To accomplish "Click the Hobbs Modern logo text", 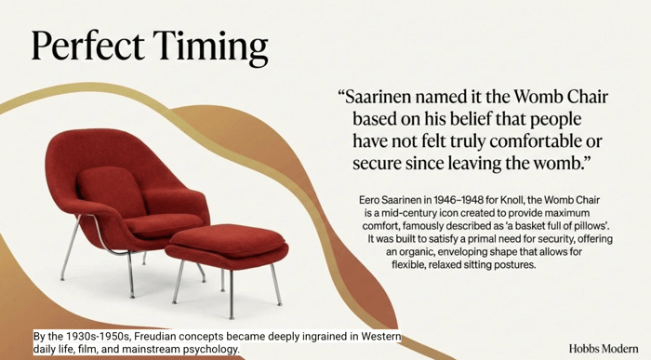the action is tap(604, 348).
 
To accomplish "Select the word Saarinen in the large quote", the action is tap(379, 97).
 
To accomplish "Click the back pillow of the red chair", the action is tap(111, 191).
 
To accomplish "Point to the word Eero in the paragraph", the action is tap(368, 200).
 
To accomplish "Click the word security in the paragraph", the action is tap(557, 239).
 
